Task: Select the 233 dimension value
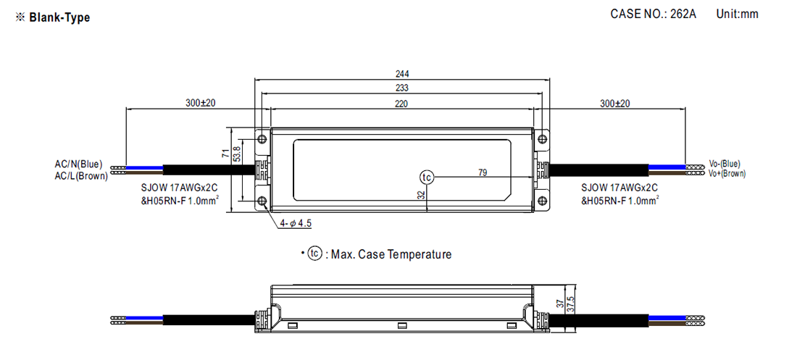click(x=402, y=87)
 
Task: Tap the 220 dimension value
click(x=402, y=104)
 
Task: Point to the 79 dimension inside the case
click(x=483, y=172)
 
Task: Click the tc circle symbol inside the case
click(x=427, y=177)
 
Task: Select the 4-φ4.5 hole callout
click(x=296, y=223)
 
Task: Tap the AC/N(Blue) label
click(x=79, y=164)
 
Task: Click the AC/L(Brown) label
click(x=81, y=175)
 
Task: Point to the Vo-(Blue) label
click(x=725, y=164)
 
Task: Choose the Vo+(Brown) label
click(x=727, y=174)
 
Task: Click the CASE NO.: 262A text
click(x=653, y=14)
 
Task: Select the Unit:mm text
click(x=737, y=14)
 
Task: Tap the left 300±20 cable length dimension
click(x=201, y=104)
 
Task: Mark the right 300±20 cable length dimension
click(x=615, y=104)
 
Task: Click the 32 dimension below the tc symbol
click(x=420, y=195)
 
